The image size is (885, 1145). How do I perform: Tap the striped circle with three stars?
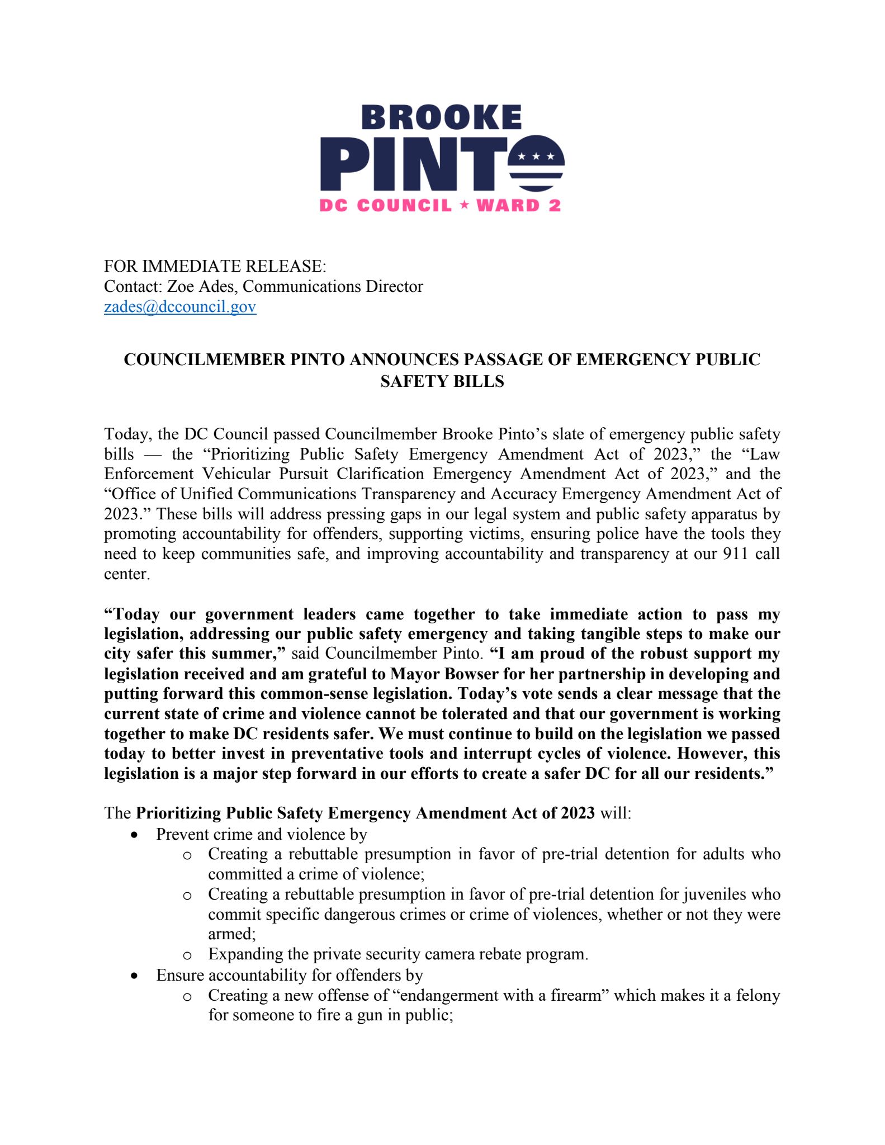pos(536,164)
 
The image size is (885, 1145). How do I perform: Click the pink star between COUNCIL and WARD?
pos(463,205)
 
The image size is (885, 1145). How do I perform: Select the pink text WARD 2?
pos(518,206)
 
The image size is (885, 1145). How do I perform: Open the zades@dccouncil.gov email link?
pos(180,306)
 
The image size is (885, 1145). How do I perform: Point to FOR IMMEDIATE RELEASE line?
pos(215,266)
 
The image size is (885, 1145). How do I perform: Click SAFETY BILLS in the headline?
pos(442,381)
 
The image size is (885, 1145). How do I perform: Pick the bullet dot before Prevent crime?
pos(133,835)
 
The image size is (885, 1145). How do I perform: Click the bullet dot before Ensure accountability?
pos(133,976)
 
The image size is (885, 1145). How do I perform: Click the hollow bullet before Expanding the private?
pos(187,955)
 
